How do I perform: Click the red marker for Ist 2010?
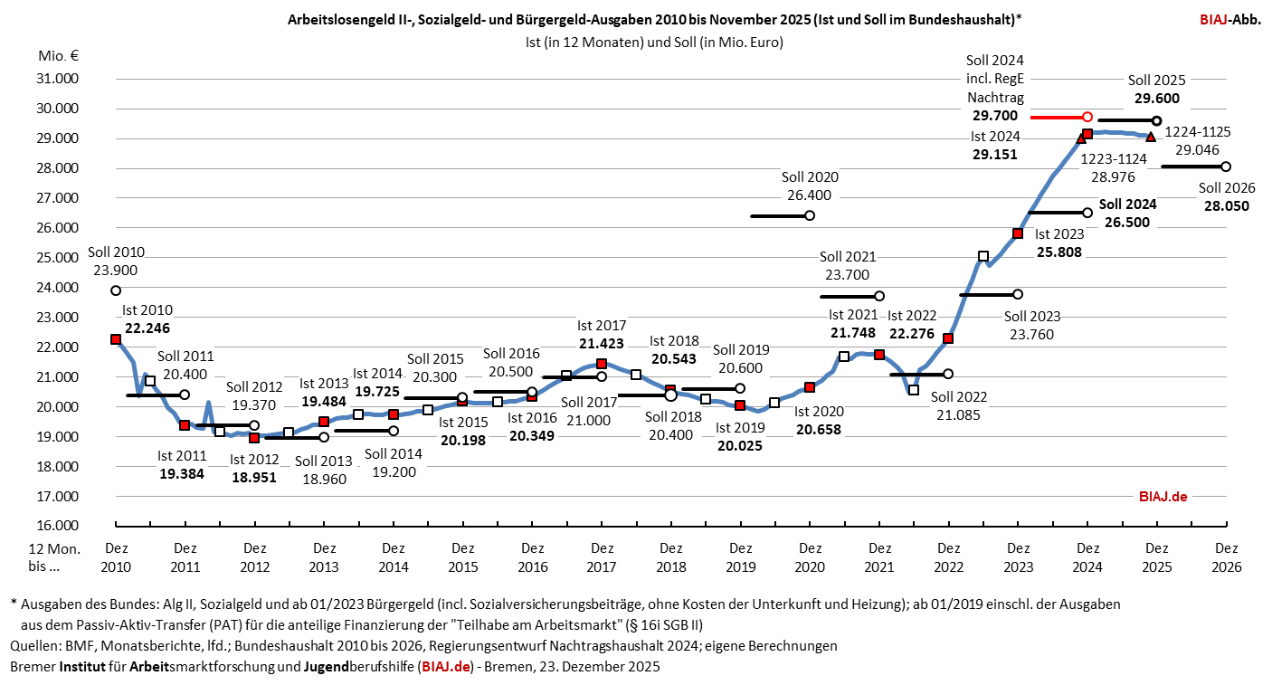tap(116, 339)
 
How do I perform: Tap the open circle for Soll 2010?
tap(116, 290)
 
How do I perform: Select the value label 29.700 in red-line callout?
tap(995, 116)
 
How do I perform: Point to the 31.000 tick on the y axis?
tap(57, 79)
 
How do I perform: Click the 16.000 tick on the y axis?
tap(57, 526)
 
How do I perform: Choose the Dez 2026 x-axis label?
tap(1226, 557)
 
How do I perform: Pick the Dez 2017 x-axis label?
tap(601, 557)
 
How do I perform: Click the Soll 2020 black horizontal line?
tap(779, 215)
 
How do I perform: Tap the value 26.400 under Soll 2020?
tap(810, 195)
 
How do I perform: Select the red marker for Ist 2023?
tap(1018, 233)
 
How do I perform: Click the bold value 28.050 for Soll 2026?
tap(1226, 205)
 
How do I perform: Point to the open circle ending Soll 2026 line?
tap(1226, 166)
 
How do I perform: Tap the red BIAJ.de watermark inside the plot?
tap(1162, 496)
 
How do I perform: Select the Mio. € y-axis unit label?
tap(59, 55)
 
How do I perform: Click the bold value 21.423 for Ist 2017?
tap(601, 343)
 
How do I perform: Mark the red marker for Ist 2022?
tap(948, 338)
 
